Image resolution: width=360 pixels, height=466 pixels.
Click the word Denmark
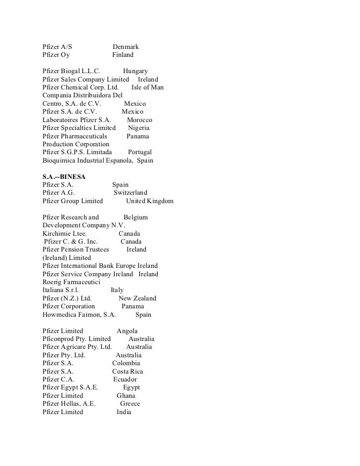point(126,47)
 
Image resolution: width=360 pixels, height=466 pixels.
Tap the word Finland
point(123,55)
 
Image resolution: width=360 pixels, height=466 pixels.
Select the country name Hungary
point(135,72)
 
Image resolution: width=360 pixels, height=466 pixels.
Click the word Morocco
point(139,120)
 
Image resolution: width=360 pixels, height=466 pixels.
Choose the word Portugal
point(139,152)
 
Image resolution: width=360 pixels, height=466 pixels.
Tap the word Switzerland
point(131,193)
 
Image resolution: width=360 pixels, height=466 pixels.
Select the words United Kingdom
point(150,201)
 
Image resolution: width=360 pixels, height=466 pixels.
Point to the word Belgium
point(135,217)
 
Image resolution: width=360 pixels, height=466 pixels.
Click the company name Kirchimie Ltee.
point(65,234)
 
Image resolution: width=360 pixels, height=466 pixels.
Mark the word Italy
point(117,290)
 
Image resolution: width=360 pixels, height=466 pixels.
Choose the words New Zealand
point(137,298)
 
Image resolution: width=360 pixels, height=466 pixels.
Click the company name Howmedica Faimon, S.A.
point(79,315)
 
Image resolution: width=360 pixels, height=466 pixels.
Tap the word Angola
point(127,331)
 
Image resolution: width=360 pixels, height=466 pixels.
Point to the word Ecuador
point(125,380)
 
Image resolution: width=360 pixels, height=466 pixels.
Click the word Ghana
point(126,396)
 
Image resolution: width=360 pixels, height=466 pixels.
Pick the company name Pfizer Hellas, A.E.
point(69,404)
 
